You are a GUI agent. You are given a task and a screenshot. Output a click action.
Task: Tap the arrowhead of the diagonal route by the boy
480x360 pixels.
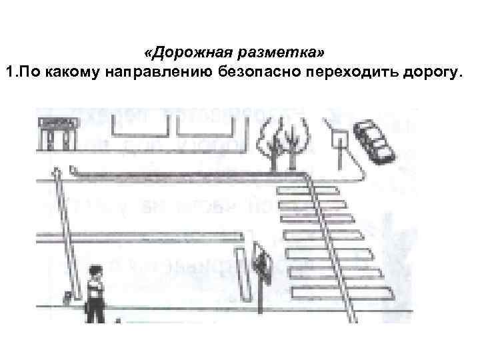coord(57,171)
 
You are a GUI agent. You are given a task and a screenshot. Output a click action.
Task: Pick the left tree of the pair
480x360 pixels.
coord(273,140)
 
